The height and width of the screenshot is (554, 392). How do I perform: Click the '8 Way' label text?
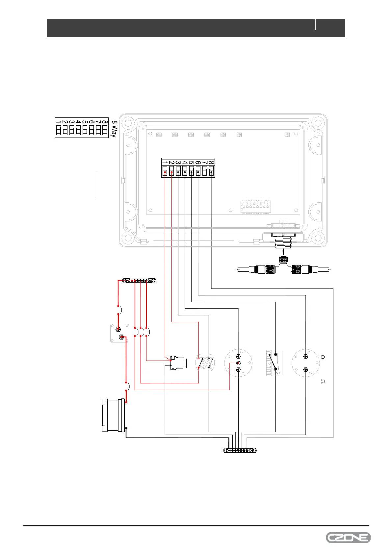114,129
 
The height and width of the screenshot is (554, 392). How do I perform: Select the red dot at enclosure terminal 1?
165,172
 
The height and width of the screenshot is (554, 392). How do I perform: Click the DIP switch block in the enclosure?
256,206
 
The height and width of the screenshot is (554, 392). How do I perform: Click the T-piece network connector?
283,268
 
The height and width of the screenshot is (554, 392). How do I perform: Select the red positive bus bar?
139,281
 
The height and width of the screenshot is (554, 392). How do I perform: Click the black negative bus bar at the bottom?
240,450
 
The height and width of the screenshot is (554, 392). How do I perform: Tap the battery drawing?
114,415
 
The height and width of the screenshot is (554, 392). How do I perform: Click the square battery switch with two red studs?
119,333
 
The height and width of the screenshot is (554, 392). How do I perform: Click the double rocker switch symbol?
205,363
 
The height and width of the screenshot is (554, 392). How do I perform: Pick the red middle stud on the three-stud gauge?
238,363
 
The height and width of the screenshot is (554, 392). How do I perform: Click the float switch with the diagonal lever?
274,363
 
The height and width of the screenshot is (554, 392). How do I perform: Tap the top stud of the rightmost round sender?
306,357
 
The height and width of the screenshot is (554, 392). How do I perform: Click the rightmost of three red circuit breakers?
147,332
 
